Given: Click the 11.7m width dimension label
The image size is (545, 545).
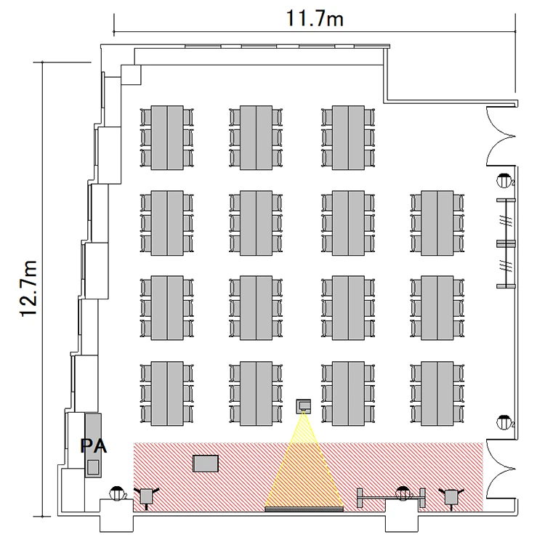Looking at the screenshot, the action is click(315, 19).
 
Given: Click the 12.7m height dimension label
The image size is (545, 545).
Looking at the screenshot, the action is click(28, 288).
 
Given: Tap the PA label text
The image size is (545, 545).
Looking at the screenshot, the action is click(94, 446).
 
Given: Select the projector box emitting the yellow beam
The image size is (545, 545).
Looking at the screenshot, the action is click(304, 406).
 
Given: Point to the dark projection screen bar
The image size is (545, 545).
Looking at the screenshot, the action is click(304, 509).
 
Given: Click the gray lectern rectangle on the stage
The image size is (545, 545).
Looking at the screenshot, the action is click(206, 464).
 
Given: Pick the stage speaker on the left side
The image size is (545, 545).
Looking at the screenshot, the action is click(146, 497).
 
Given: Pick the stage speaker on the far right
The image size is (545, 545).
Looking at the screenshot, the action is click(451, 497).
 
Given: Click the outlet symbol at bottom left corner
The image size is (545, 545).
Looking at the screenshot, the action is click(118, 493).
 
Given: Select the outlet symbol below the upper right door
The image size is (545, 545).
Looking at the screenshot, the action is click(504, 180).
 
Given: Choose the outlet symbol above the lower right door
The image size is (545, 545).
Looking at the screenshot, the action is click(504, 422).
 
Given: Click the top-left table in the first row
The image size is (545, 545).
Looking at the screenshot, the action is click(167, 138).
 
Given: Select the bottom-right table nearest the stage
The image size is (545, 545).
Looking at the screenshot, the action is click(437, 393).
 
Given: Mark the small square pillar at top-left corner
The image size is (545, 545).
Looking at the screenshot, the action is click(131, 75).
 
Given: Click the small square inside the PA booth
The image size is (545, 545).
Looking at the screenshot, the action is click(93, 467).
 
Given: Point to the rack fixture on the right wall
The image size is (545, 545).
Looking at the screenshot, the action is click(506, 243).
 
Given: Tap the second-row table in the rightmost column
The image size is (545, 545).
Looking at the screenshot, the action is click(437, 223).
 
